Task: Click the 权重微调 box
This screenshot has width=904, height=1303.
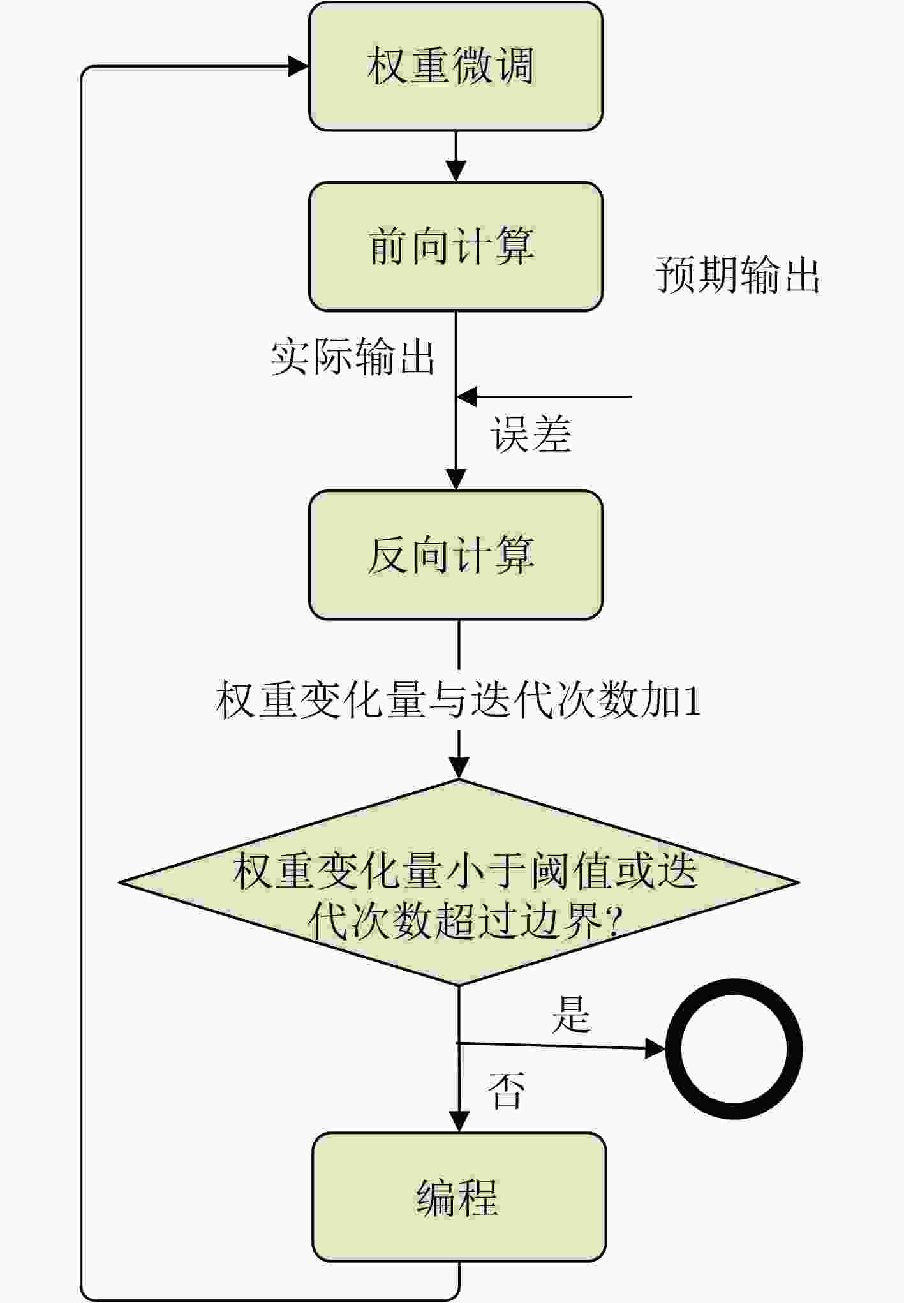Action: click(456, 66)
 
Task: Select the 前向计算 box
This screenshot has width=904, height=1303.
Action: click(456, 247)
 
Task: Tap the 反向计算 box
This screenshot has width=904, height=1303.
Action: click(456, 555)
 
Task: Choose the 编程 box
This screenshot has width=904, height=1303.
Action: click(459, 1197)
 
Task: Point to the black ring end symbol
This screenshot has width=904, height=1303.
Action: click(734, 1049)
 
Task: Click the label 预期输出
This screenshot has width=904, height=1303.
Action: click(738, 275)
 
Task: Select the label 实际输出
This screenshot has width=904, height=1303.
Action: click(353, 357)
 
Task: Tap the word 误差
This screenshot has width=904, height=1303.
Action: click(531, 435)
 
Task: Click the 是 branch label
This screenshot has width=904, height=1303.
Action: click(571, 1015)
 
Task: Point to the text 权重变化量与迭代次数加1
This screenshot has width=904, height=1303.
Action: click(459, 700)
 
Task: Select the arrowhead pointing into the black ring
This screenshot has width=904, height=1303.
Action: click(656, 1048)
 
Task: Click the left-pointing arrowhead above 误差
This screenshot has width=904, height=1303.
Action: click(468, 397)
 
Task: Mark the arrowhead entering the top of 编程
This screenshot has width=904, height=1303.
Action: click(459, 1122)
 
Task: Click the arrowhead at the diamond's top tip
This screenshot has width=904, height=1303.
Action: click(459, 768)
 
